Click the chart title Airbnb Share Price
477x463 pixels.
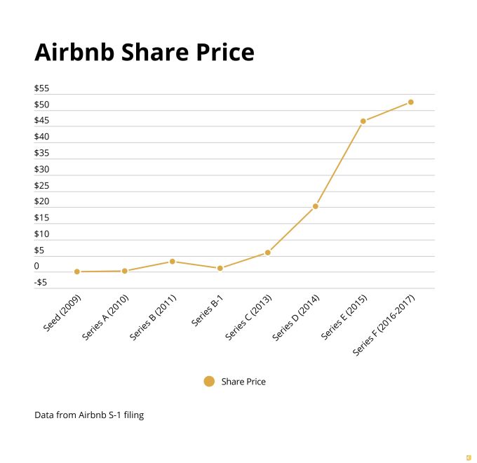click(144, 53)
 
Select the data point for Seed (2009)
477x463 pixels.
click(77, 271)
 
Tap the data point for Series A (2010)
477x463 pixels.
click(125, 271)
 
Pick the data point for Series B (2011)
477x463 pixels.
click(173, 262)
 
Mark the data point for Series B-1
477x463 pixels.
click(220, 268)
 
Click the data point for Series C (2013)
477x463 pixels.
click(268, 253)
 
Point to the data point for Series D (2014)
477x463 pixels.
click(316, 206)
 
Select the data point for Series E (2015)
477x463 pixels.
click(363, 121)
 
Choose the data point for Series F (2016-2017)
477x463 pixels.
click(411, 102)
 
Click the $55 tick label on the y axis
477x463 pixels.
click(41, 88)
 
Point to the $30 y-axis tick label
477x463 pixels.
click(41, 169)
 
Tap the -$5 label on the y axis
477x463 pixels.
click(41, 283)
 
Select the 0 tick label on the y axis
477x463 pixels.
click(36, 267)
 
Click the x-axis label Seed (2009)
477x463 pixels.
click(62, 313)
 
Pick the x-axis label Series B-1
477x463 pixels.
click(207, 311)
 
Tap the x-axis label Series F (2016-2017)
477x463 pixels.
click(384, 326)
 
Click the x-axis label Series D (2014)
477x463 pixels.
click(295, 318)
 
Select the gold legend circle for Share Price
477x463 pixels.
click(209, 382)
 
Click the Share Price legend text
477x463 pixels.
click(243, 382)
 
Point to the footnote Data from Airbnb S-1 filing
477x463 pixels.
click(89, 415)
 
